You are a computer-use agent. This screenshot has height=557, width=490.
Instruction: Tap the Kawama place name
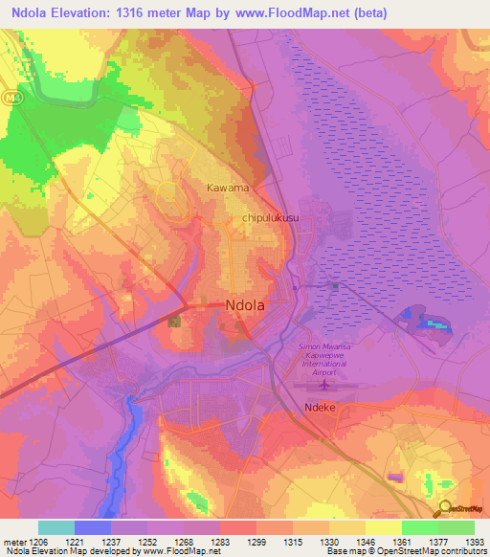(228, 188)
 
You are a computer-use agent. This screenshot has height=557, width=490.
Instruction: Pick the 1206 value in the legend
(37, 542)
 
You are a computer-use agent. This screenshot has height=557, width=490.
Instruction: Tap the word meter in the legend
(12, 542)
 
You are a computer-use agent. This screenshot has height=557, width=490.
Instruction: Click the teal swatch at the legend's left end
(56, 527)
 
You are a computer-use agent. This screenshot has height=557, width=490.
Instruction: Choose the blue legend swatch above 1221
(92, 527)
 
